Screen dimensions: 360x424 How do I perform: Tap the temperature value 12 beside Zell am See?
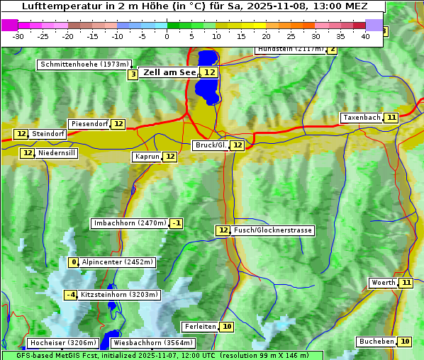point(209,72)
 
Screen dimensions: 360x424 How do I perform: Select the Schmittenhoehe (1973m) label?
point(84,64)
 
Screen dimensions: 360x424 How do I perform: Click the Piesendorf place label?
point(89,124)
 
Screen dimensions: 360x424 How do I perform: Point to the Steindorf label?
point(48,134)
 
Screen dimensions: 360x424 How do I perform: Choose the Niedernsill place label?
point(57,153)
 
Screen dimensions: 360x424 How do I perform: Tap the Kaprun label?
point(147,157)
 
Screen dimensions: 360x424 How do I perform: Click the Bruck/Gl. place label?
point(211,145)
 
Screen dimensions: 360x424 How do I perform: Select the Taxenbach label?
point(362,118)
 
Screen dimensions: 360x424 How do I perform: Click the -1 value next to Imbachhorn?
point(177,224)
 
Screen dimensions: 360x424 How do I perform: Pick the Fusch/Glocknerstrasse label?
point(273,230)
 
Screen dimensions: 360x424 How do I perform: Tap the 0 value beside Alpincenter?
point(73,262)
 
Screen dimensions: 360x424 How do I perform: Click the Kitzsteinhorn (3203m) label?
point(119,295)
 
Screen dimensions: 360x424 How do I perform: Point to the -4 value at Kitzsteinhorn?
point(70,295)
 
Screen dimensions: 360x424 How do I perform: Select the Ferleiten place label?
point(199,327)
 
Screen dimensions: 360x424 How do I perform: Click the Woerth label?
point(384,283)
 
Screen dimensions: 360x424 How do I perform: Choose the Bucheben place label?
point(376,342)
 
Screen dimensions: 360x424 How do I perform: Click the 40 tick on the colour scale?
point(365,35)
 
